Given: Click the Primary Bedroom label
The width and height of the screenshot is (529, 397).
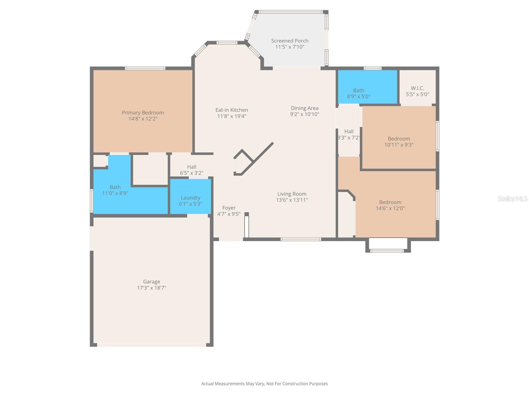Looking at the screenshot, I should tap(143, 113).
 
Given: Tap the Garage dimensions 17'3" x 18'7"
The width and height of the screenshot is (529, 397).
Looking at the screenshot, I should tap(151, 288).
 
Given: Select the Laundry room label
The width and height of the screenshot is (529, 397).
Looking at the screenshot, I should tap(190, 198).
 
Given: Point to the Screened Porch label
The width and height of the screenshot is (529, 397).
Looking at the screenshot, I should tap(290, 41).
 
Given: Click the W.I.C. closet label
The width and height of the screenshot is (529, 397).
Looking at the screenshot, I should tap(417, 88).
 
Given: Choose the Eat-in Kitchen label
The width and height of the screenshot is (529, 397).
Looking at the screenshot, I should tap(231, 110).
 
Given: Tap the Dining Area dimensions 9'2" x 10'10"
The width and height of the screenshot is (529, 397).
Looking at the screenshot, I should tap(305, 114).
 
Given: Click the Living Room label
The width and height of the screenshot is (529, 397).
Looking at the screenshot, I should tap(292, 194).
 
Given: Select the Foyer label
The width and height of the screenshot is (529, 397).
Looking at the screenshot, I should tap(229, 208).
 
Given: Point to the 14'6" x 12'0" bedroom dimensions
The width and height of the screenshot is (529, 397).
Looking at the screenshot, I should tap(390, 208).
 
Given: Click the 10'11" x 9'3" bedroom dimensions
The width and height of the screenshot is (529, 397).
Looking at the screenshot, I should tap(399, 145).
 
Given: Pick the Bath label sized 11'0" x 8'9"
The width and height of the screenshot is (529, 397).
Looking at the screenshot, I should tap(115, 187).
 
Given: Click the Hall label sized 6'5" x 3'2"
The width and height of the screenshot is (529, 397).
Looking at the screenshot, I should tap(191, 167).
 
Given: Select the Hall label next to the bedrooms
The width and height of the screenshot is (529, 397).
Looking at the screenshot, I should tap(349, 131).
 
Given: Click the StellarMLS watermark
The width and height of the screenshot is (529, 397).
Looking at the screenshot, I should tap(512, 198).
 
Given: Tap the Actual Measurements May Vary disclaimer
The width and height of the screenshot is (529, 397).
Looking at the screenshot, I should tap(264, 384).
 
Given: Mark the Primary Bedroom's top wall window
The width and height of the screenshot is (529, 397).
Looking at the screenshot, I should tap(145, 68).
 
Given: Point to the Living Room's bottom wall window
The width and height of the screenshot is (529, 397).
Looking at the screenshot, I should tap(301, 239).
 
